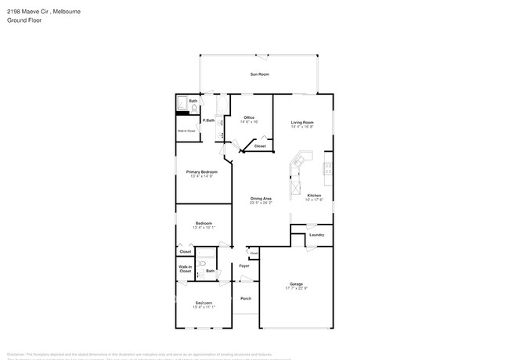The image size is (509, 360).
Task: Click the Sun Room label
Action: (x=259, y=74)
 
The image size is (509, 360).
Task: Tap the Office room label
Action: (x=248, y=117)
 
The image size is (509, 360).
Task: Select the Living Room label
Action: (x=302, y=123)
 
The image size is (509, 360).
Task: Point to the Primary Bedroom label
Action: (x=201, y=171)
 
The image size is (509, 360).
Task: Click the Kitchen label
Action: (x=314, y=196)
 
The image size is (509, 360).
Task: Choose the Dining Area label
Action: (x=261, y=199)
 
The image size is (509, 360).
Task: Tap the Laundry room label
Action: (x=316, y=235)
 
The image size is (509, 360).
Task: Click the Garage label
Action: (x=296, y=284)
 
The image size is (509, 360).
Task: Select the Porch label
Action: (x=246, y=298)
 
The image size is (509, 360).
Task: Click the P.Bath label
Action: (x=209, y=120)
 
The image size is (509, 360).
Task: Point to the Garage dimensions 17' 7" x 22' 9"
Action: (x=296, y=289)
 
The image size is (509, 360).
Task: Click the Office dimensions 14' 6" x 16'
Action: (x=248, y=122)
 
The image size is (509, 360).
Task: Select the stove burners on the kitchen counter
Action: (x=328, y=167)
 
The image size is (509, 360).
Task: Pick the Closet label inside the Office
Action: (x=260, y=146)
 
